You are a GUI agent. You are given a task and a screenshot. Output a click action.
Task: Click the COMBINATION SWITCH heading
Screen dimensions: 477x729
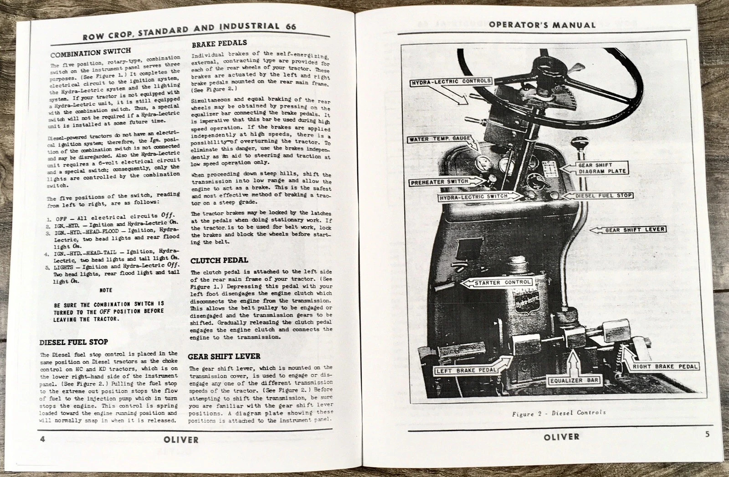pos(90,52)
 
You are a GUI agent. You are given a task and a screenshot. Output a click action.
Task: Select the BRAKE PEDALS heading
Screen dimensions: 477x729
pos(219,44)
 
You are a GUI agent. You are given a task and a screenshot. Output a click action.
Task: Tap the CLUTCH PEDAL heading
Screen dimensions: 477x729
pos(219,260)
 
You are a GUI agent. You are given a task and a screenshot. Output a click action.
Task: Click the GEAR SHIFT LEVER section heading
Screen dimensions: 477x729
pos(224,356)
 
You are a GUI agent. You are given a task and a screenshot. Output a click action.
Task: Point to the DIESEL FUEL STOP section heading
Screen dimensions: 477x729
pos(73,342)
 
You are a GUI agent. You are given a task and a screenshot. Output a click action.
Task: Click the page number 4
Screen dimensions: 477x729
pos(40,439)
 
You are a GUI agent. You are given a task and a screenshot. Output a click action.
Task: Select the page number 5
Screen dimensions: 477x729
pos(707,435)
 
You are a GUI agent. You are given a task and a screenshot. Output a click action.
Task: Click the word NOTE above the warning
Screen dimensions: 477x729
pos(105,290)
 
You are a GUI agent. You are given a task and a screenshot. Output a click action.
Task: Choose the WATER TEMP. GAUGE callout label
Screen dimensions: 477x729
pos(440,139)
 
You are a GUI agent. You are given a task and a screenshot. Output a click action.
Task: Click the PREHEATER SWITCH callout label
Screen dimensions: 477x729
pos(439,181)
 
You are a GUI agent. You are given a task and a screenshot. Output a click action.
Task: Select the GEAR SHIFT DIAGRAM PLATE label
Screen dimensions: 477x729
pos(602,168)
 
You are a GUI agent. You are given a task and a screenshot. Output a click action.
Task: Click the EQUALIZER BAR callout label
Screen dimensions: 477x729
pos(574,380)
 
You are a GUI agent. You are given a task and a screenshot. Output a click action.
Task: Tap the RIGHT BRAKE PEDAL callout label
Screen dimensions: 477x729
pos(663,366)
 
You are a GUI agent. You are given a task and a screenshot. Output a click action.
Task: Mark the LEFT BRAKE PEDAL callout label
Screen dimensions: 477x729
pos(466,370)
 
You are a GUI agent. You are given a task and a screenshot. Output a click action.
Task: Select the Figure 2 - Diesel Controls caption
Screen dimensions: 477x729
pos(559,413)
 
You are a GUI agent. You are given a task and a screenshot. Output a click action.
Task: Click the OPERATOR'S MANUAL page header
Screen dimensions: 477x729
pos(541,25)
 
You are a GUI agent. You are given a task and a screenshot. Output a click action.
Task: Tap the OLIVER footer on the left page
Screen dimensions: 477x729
pos(180,440)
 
